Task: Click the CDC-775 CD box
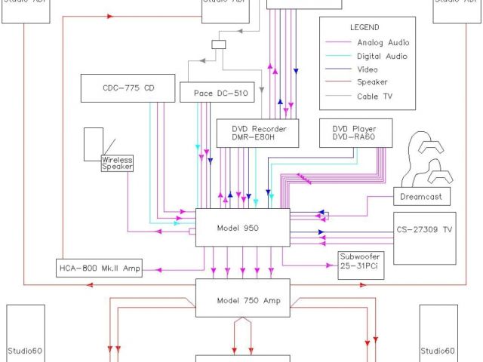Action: coord(128,88)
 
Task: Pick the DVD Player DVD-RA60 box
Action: coord(353,133)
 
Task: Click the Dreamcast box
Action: coord(422,197)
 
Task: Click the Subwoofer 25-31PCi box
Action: coord(359,261)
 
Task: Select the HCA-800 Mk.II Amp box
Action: coord(99,268)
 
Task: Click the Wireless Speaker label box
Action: coord(117,163)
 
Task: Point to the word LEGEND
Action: coord(365,27)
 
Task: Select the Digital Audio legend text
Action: coord(381,56)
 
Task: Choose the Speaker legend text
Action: coord(372,83)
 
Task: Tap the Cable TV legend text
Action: coord(374,97)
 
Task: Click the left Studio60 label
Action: coord(26,351)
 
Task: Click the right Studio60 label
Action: coord(438,351)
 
